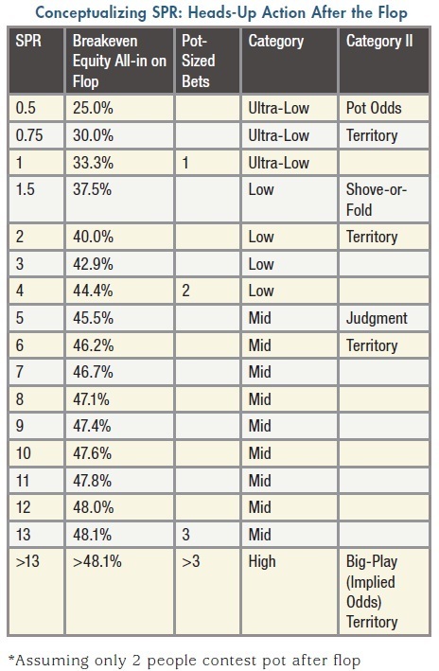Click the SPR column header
coord(28,41)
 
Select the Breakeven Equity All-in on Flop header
coord(119,61)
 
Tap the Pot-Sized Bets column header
coord(198,61)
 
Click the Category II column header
coord(379,41)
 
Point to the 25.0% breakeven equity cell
coord(93,108)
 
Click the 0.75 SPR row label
coord(29,135)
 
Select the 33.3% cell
coord(93,163)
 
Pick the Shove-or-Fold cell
coord(377,200)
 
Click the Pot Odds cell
coord(374,108)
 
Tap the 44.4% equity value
coord(93,291)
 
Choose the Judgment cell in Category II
coord(377,318)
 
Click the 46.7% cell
coord(93,371)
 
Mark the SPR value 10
coord(23,452)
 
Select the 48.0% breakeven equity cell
coord(93,507)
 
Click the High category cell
coord(262,561)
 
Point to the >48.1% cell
coord(97,561)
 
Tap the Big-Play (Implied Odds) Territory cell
coord(372,592)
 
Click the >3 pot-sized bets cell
coord(191,561)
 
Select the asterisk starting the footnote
coord(11,658)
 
